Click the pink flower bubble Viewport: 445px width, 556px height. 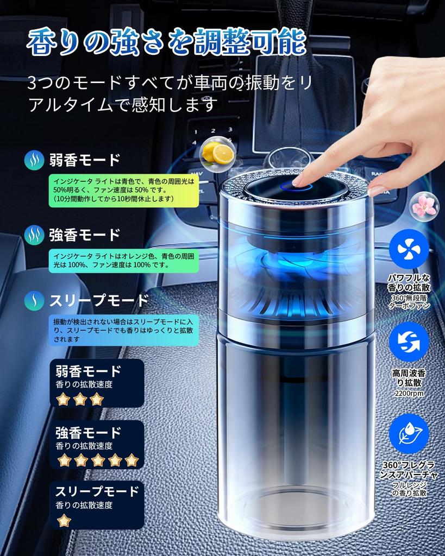point(424,206)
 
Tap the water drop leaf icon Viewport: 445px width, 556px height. point(409,433)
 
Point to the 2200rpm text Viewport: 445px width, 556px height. point(409,393)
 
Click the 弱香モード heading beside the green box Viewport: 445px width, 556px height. point(84,160)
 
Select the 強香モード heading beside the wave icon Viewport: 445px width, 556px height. point(84,235)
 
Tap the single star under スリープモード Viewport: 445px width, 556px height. point(64,521)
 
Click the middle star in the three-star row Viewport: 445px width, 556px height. point(80,399)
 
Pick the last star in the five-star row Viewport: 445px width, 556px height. point(131,460)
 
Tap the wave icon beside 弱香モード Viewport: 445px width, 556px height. point(34,160)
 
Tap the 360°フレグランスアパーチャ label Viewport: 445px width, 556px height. point(409,470)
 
